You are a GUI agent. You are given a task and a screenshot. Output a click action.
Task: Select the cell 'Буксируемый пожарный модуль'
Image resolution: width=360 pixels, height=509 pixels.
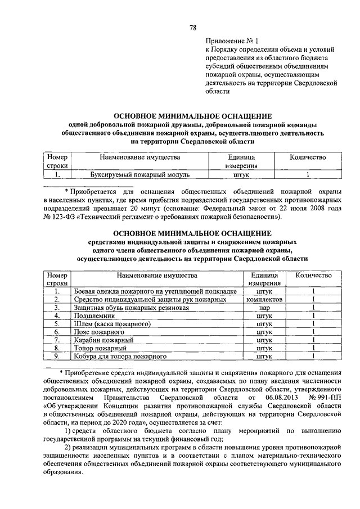141,175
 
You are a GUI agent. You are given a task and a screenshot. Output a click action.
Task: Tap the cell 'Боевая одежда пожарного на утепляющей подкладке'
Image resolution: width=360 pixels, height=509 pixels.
156,292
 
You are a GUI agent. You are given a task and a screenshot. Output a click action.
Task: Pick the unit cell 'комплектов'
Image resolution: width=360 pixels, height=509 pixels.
264,300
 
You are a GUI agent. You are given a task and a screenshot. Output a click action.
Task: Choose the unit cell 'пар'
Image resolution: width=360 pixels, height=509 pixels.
264,308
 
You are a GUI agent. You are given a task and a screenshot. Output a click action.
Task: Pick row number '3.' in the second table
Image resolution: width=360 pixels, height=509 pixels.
57,308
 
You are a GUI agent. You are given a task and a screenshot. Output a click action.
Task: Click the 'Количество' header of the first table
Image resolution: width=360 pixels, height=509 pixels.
308,158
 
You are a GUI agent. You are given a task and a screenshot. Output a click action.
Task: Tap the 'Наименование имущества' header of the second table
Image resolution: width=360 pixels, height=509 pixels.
157,276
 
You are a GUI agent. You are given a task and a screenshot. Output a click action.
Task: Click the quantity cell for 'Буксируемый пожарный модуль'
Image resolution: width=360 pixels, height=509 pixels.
308,175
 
